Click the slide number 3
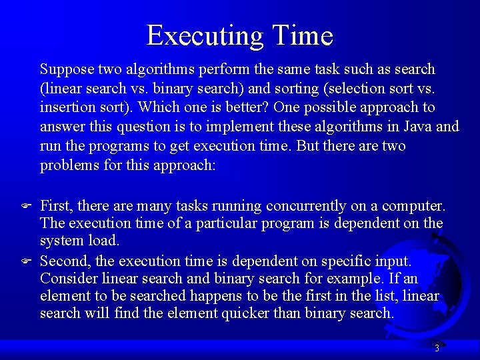[437, 348]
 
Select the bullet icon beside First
[25, 207]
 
